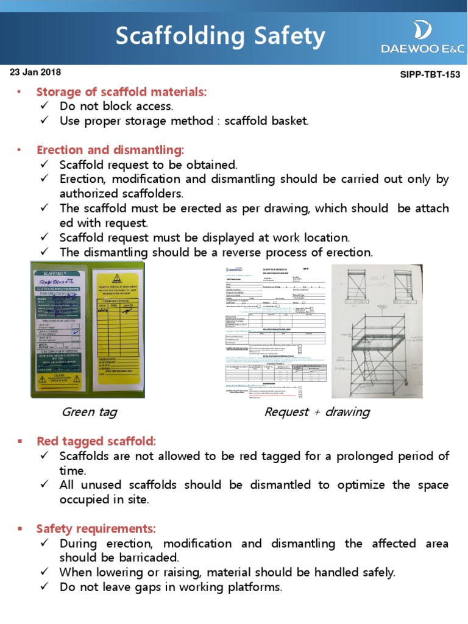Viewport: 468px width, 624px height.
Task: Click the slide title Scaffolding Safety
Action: (x=221, y=37)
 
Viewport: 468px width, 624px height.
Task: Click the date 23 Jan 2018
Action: (x=35, y=72)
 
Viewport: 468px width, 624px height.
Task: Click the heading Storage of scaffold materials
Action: (x=121, y=92)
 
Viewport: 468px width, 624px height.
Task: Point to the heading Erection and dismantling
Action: (x=110, y=150)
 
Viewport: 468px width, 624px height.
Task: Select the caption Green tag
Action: (x=90, y=412)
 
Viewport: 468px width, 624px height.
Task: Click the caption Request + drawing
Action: (x=317, y=412)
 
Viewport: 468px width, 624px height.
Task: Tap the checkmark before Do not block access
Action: (x=44, y=107)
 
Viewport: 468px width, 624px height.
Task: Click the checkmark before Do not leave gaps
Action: (x=44, y=587)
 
